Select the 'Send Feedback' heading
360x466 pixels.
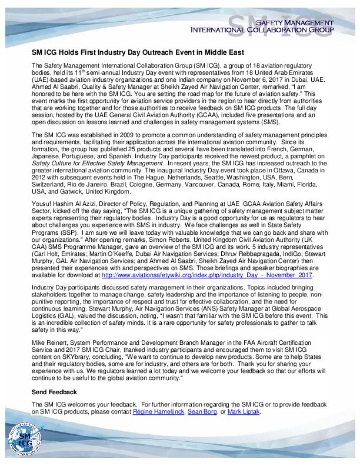pyautogui.click(x=54, y=392)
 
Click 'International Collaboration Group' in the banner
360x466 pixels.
pyautogui.click(x=262, y=29)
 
